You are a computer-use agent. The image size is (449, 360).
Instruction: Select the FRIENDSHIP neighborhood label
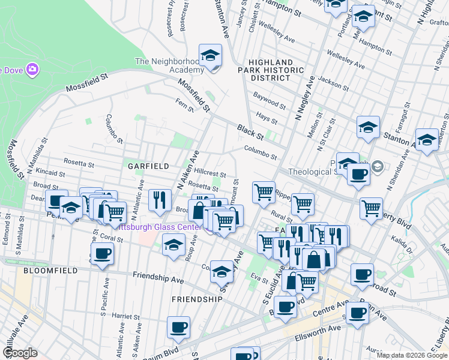pyautogui.click(x=197, y=298)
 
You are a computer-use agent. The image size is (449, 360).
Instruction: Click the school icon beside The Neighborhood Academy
pyautogui.click(x=210, y=56)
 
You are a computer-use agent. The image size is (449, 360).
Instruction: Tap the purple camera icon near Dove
pyautogui.click(x=32, y=69)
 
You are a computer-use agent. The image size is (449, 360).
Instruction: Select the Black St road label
pyautogui.click(x=250, y=129)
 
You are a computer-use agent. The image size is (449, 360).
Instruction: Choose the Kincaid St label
pyautogui.click(x=50, y=172)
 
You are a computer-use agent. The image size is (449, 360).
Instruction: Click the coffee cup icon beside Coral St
pyautogui.click(x=103, y=253)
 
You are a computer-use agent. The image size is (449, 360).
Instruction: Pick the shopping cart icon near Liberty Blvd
pyautogui.click(x=372, y=208)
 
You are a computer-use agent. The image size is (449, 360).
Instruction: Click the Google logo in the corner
pyautogui.click(x=20, y=353)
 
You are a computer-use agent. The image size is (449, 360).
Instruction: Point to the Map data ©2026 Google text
pyautogui.click(x=412, y=355)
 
